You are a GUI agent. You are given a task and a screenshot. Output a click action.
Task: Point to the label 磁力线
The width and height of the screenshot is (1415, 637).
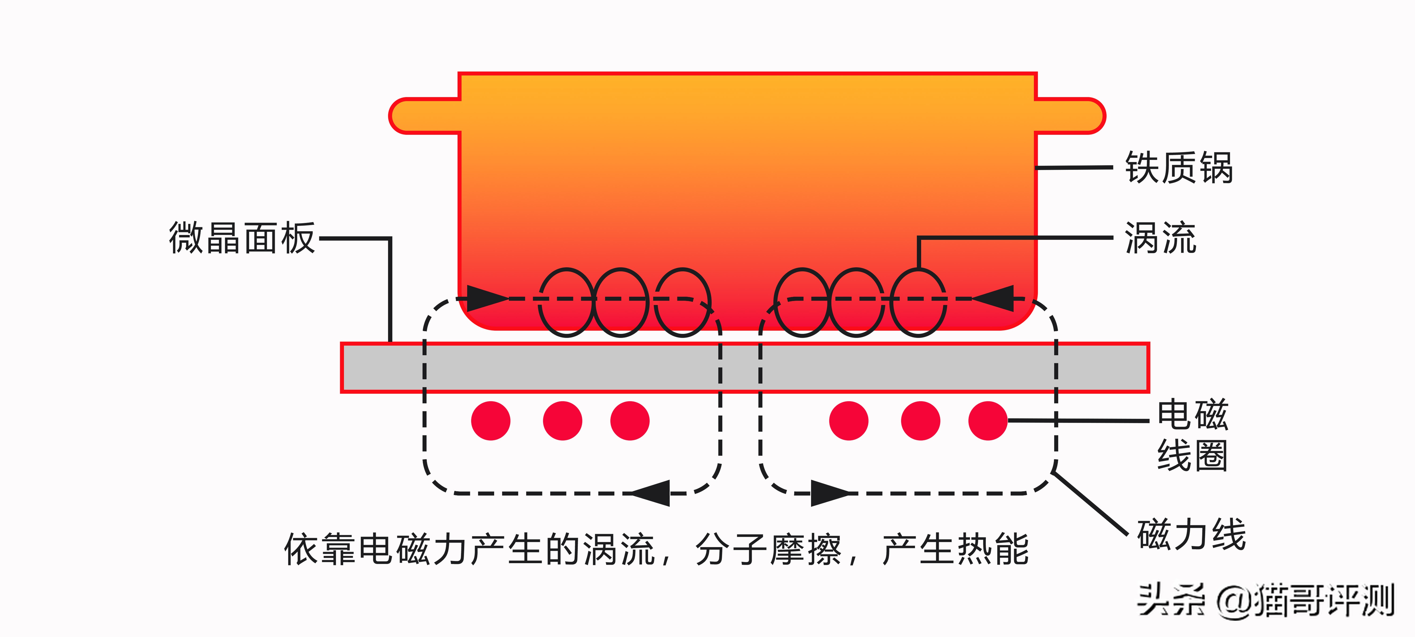pyautogui.click(x=1191, y=534)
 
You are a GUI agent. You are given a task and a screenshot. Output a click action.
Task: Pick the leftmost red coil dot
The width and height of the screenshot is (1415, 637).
pyautogui.click(x=491, y=421)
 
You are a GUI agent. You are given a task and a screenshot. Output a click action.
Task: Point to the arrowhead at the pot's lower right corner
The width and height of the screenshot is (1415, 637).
pyautogui.click(x=994, y=299)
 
